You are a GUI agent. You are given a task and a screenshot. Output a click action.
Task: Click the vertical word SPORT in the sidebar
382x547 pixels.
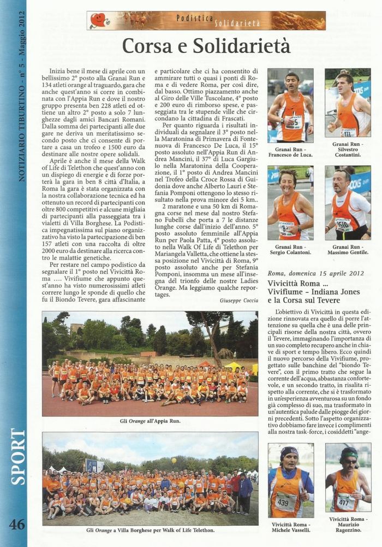pos(17,456)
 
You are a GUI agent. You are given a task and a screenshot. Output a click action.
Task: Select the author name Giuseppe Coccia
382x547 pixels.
pos(239,301)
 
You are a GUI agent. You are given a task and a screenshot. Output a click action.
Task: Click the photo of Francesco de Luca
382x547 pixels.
pos(290,105)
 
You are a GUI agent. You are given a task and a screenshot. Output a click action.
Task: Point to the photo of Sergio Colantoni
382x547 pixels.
pos(290,203)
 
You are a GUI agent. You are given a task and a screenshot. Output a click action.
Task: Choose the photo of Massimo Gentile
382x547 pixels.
pos(347,203)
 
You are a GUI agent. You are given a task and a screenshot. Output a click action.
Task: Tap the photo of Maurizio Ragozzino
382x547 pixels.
pos(348,477)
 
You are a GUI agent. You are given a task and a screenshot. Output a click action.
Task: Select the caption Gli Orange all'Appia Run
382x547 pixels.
pos(150,421)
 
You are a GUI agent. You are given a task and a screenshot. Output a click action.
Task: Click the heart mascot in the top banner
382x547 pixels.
pos(99,20)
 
